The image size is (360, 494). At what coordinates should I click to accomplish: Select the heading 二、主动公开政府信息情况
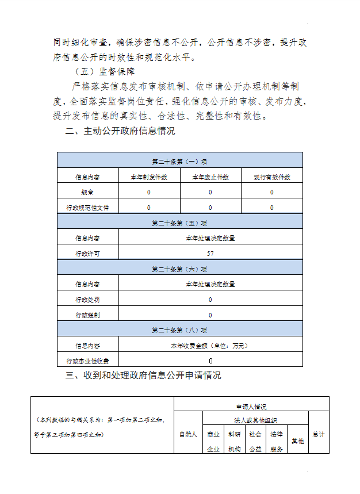[x=120, y=131]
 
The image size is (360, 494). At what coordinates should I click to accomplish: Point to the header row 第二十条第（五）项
[x=179, y=223]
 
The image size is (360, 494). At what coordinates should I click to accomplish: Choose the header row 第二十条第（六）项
[x=179, y=269]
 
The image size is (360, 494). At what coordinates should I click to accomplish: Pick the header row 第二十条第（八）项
[x=179, y=330]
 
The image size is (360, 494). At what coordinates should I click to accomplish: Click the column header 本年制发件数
[x=149, y=177]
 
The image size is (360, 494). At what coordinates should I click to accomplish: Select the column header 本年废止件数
[x=210, y=177]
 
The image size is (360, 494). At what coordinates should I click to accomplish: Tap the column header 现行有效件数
[x=272, y=177]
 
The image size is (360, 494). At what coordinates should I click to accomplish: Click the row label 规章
[x=87, y=192]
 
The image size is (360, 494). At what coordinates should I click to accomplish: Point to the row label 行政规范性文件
[x=87, y=207]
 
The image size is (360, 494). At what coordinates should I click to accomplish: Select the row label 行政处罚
[x=87, y=300]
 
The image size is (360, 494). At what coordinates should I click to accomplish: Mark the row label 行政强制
[x=87, y=315]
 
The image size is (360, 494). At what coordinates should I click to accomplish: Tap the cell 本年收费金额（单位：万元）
[x=210, y=346]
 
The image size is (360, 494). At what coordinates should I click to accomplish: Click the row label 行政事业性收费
[x=87, y=361]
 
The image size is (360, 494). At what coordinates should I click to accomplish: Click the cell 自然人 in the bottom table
[x=188, y=434]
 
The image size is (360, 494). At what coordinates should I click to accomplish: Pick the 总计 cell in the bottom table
[x=319, y=434]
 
